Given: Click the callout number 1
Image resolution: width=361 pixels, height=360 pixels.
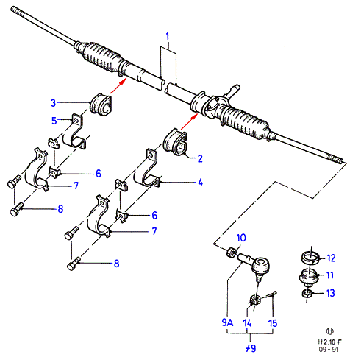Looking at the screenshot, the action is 168,36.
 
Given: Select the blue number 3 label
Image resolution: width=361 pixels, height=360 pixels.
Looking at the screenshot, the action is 54,103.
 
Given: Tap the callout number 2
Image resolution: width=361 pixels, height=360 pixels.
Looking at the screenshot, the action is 200,158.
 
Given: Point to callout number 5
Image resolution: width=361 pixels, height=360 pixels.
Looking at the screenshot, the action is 54,121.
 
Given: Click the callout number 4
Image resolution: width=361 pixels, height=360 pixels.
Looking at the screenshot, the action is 200,182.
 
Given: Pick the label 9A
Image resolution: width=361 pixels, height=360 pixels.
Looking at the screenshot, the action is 227,322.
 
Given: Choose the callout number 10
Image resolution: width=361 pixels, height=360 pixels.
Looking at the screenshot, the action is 241,238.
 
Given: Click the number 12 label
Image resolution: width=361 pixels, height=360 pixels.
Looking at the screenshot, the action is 331,258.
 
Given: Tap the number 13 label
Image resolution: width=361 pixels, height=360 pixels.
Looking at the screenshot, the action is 331,293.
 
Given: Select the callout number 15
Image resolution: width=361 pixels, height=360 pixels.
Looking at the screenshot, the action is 273,323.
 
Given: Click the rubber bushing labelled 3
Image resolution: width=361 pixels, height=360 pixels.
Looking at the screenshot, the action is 101,104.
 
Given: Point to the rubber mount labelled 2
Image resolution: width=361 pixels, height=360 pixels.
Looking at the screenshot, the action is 175,142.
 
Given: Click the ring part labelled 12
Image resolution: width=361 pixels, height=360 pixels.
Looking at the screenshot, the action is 310,258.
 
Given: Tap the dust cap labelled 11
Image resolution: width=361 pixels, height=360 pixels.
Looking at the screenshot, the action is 309,277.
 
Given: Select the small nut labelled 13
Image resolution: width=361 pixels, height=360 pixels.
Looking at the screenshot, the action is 307,293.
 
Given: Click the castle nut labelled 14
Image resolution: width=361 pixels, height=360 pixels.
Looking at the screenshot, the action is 255,300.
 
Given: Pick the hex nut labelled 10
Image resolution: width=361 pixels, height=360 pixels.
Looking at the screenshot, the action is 232,253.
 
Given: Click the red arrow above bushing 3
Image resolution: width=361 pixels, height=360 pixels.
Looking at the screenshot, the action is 118,85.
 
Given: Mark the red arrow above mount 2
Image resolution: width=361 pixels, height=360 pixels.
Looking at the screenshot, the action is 189,121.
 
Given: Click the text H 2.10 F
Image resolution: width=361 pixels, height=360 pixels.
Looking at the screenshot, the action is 329,342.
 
